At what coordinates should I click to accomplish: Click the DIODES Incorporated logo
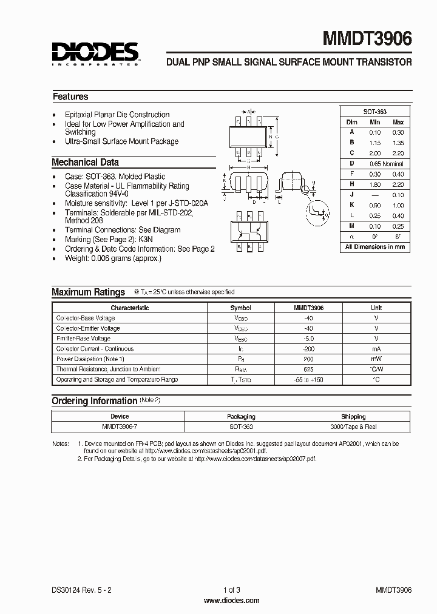(x=95, y=53)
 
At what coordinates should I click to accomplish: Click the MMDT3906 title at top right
(x=367, y=39)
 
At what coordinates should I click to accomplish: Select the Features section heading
(x=70, y=96)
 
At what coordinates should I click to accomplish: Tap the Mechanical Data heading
(x=85, y=162)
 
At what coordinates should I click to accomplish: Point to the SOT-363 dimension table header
(x=374, y=112)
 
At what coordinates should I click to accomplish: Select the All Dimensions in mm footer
(x=374, y=247)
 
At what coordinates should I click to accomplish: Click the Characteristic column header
(x=129, y=308)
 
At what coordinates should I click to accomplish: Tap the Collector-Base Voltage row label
(x=85, y=318)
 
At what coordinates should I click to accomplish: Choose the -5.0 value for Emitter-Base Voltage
(x=309, y=339)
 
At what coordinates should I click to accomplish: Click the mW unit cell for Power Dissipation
(x=376, y=359)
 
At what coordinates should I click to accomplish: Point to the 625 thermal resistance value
(x=309, y=369)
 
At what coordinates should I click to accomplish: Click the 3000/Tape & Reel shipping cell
(x=353, y=427)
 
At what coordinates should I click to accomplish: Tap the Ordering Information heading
(x=94, y=400)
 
